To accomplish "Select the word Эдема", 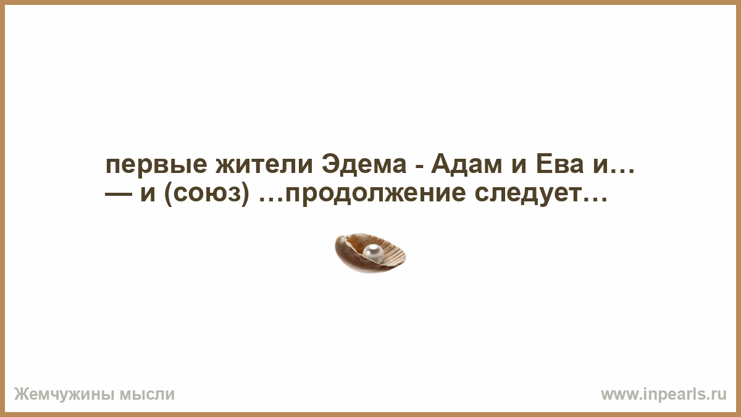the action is [x=364, y=165].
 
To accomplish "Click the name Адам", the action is [x=466, y=165].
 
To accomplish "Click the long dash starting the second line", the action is [x=118, y=196].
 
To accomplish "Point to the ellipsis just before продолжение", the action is [x=270, y=200].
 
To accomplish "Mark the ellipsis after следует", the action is [x=595, y=200].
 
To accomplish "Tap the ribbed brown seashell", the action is [x=370, y=253].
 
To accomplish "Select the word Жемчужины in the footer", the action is [x=64, y=395].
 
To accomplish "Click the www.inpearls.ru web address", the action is [x=664, y=395].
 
